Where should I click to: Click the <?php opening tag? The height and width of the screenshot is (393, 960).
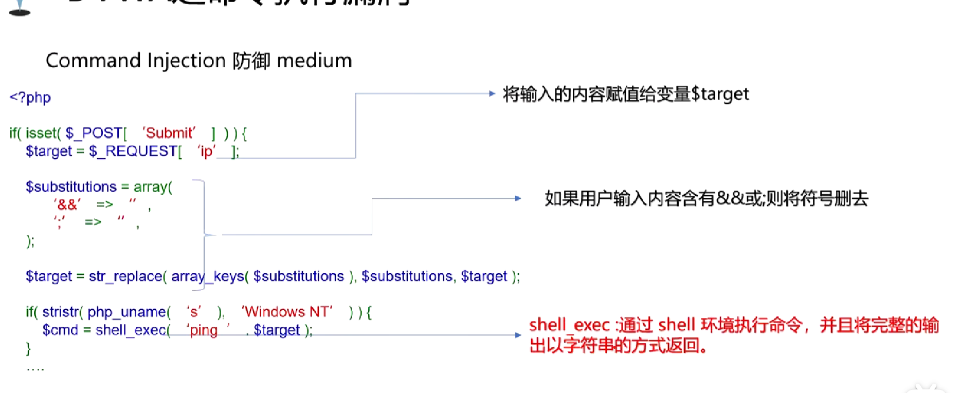pyautogui.click(x=30, y=98)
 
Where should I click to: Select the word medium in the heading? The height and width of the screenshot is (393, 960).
pyautogui.click(x=314, y=61)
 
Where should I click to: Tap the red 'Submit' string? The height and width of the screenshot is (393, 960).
pyautogui.click(x=169, y=133)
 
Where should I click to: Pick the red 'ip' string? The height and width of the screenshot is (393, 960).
pyautogui.click(x=206, y=151)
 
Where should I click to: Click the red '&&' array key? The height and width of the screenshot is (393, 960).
pyautogui.click(x=67, y=204)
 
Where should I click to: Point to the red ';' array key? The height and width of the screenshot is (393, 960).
pyautogui.click(x=60, y=222)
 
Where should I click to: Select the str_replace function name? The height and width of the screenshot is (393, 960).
pyautogui.click(x=125, y=276)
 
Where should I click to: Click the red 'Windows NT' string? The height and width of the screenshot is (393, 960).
pyautogui.click(x=287, y=312)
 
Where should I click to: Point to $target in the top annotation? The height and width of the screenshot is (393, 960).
pyautogui.click(x=720, y=94)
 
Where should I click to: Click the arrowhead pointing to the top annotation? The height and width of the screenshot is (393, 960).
pyautogui.click(x=492, y=93)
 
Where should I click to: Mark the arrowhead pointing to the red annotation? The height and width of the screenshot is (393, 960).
pyautogui.click(x=518, y=335)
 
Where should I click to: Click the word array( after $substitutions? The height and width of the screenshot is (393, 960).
pyautogui.click(x=153, y=187)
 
